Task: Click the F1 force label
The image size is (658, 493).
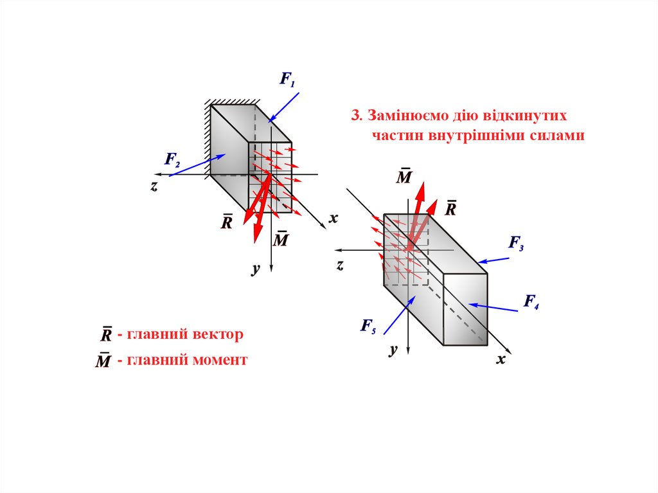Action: (x=287, y=80)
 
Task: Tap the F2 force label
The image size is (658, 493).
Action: (x=172, y=159)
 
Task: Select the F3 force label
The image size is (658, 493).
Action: (x=517, y=243)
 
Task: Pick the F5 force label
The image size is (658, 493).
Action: (x=368, y=326)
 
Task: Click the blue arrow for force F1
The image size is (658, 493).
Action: (x=283, y=107)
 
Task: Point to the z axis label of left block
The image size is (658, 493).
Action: (x=154, y=186)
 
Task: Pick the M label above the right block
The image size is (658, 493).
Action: (x=404, y=176)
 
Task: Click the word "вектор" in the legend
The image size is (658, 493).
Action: (x=218, y=334)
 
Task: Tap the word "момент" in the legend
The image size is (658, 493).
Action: (x=219, y=360)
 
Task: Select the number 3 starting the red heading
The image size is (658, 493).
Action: (x=354, y=116)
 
